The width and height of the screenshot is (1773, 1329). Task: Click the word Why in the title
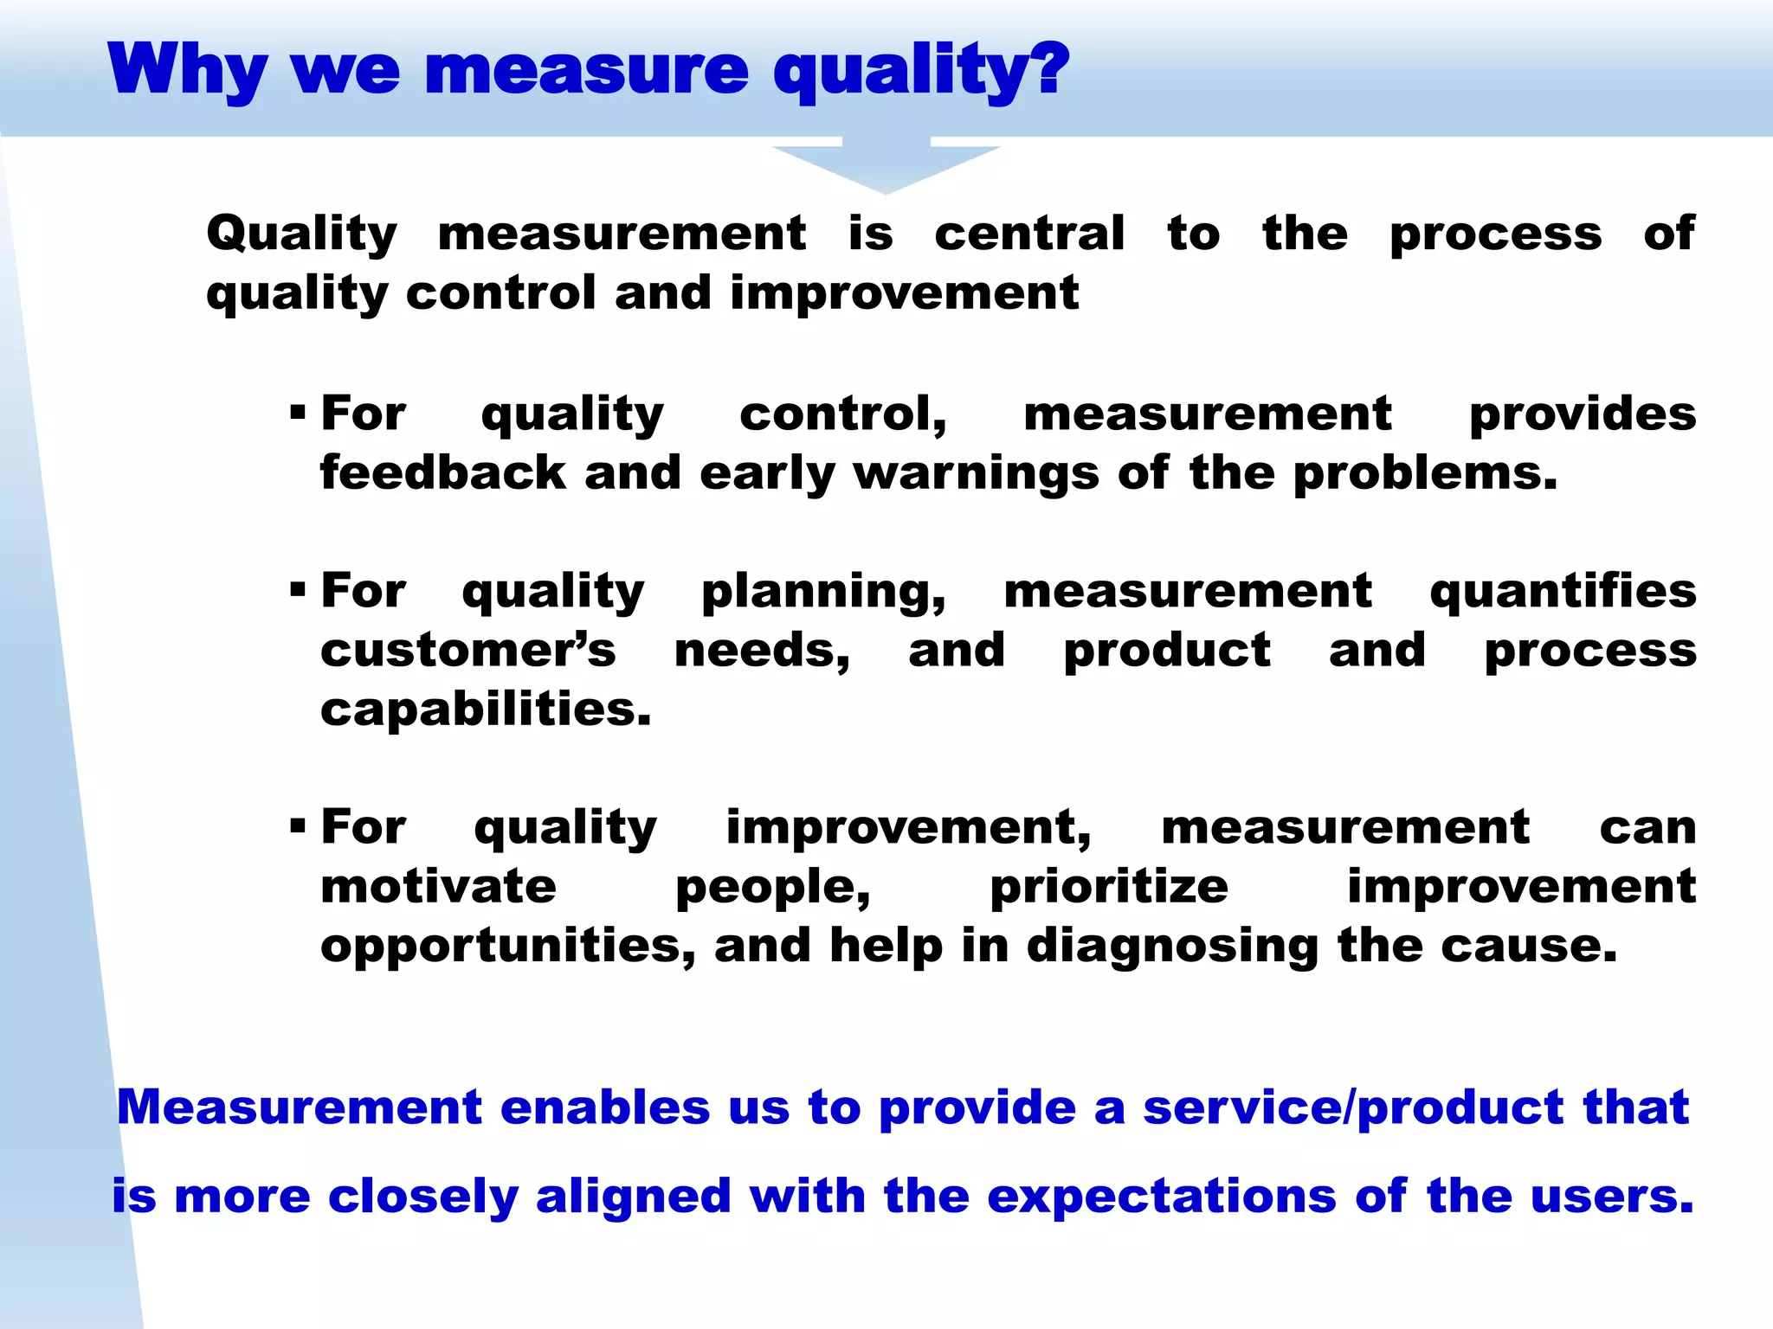tap(187, 71)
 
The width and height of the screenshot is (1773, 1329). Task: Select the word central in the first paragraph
tap(1029, 234)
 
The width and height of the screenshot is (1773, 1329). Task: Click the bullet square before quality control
tap(299, 412)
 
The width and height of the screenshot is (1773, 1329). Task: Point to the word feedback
tap(442, 473)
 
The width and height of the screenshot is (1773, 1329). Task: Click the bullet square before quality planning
tap(299, 590)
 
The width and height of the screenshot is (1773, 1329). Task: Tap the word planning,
tap(823, 593)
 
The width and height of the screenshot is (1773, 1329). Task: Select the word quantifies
tap(1563, 591)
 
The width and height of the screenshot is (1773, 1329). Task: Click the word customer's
tap(467, 650)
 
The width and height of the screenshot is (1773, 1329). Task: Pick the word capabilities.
tap(485, 709)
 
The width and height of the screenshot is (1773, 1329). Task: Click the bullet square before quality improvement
tap(299, 825)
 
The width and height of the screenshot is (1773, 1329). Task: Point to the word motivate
tap(438, 887)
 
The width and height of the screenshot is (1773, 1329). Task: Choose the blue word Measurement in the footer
tap(299, 1107)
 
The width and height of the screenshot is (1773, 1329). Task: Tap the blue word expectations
tap(1161, 1197)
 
